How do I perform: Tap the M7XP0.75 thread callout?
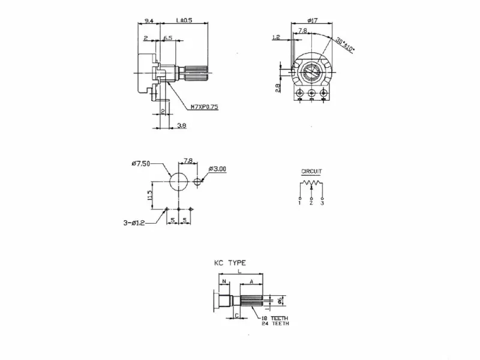point(205,107)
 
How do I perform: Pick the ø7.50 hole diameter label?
point(140,164)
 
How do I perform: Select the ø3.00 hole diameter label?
point(217,169)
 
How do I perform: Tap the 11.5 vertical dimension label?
point(151,195)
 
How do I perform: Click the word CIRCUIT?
point(311,172)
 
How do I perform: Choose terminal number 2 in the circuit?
point(311,204)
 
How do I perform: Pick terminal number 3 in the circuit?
point(323,204)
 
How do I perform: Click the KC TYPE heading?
point(230,263)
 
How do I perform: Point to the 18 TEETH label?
point(275,318)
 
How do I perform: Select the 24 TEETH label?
point(275,324)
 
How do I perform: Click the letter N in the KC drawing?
point(223,281)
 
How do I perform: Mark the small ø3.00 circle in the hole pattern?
point(198,180)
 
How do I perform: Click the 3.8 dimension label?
point(181,125)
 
